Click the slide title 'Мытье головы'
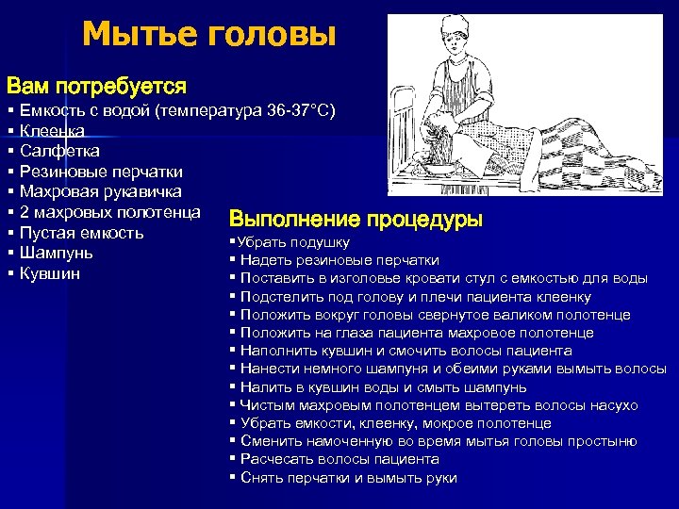tap(208, 35)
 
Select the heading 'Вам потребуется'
tap(96, 87)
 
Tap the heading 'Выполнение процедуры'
tap(356, 220)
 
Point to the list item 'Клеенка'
tap(52, 130)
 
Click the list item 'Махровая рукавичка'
tap(101, 192)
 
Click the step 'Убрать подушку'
tap(282, 242)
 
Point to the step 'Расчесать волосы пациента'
tap(339, 459)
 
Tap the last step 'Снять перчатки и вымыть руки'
tap(348, 478)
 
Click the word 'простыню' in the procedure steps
tap(604, 441)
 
